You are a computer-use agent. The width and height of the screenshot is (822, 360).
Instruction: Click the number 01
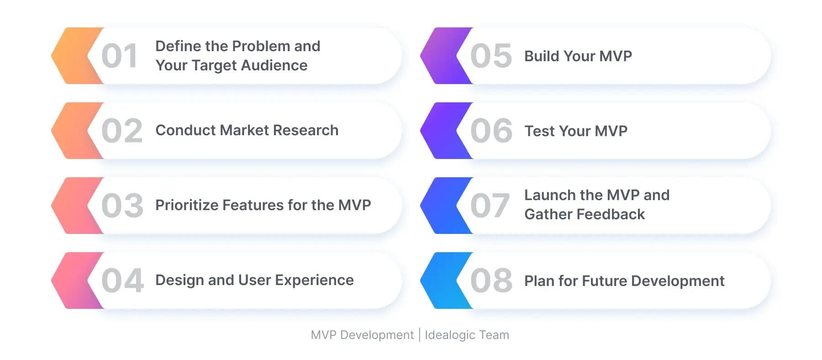119,56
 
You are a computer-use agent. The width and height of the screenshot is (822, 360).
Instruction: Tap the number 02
122,131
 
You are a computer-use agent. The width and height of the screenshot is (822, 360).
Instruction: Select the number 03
122,206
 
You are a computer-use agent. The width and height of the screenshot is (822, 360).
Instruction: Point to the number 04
122,281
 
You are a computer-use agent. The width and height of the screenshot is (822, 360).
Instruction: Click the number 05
491,56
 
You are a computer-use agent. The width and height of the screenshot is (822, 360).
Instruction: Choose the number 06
491,131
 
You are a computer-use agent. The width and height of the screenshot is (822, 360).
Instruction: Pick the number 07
490,206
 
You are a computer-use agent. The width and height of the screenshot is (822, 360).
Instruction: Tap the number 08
491,281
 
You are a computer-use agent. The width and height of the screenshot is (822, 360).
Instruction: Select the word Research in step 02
306,130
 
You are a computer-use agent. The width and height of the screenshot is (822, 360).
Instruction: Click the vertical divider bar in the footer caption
419,335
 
